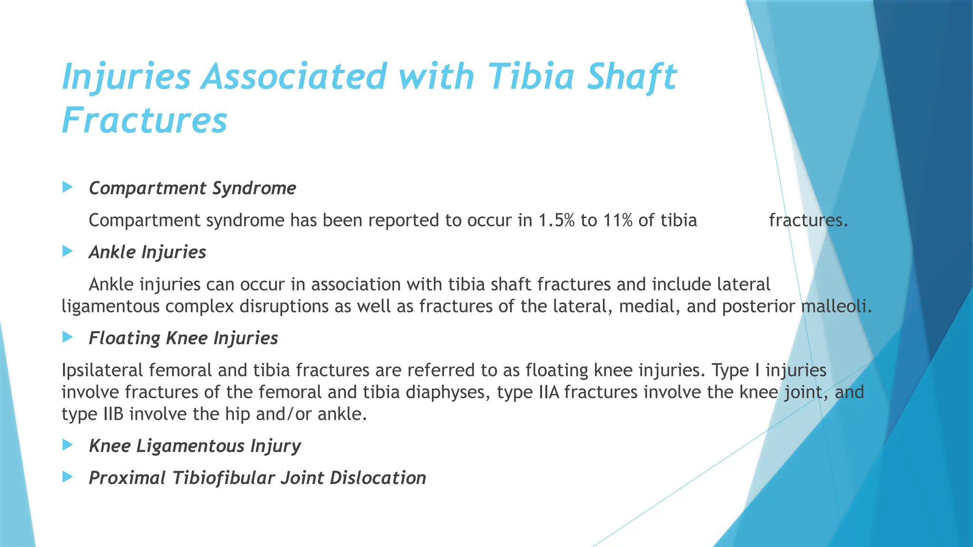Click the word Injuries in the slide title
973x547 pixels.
[126, 77]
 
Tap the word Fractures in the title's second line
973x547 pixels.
[144, 121]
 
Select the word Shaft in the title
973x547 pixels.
[631, 77]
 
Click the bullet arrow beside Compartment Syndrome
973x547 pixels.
[67, 187]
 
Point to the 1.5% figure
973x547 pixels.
[556, 220]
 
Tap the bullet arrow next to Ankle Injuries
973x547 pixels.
[67, 251]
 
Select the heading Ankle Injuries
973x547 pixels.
[147, 252]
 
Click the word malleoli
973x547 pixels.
[836, 306]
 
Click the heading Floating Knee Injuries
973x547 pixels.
[183, 338]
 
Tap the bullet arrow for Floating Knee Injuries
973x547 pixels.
[67, 337]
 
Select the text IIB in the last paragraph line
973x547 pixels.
[114, 414]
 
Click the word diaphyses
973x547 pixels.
[445, 392]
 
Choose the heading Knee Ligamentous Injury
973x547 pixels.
[195, 446]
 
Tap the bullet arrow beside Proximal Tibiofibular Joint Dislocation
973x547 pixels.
[67, 477]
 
